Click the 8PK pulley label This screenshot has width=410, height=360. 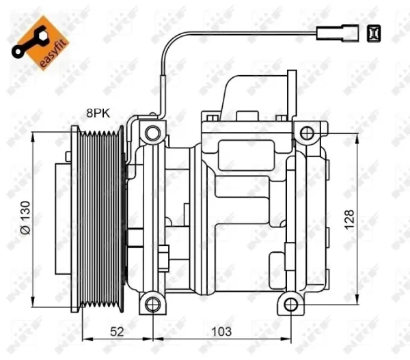pos(98,113)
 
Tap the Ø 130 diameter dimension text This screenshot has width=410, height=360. pos(25,217)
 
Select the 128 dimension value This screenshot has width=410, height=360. pos(349,220)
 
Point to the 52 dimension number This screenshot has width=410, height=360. pos(117,331)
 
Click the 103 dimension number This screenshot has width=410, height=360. pos(221,331)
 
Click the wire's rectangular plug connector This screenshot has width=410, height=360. pos(338,33)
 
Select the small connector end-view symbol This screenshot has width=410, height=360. pos(374,33)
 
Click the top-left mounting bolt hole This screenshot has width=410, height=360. pos(152,133)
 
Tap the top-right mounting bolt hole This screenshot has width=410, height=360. pos(307,133)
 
